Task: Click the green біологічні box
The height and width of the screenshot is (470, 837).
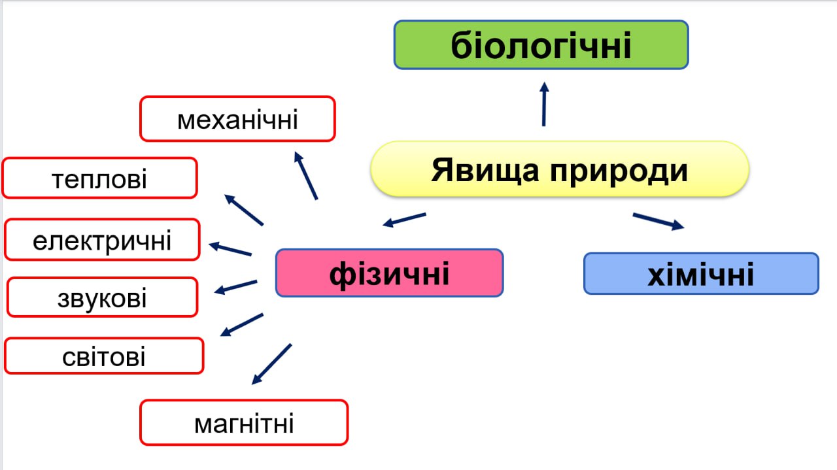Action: tap(541, 45)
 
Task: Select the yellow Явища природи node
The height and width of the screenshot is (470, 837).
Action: tap(560, 169)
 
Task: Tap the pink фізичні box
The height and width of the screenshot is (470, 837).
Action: tap(389, 273)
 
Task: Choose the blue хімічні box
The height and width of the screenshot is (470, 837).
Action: tap(702, 273)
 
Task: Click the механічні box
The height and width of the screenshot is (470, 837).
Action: tap(237, 119)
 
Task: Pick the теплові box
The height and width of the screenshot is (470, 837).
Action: tap(99, 178)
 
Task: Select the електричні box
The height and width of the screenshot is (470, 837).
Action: tap(102, 239)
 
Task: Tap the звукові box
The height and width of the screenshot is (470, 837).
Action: tap(102, 297)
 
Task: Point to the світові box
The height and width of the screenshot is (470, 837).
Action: tap(104, 356)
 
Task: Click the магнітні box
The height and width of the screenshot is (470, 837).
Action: tap(244, 422)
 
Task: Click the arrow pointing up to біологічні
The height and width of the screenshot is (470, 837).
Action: tap(544, 104)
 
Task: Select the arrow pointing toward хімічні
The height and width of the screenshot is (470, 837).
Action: tap(658, 222)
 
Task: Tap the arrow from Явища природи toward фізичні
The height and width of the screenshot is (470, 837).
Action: tap(404, 220)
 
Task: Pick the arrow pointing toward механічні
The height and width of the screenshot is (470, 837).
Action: tap(306, 176)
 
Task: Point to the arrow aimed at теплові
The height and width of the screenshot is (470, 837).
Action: tap(244, 210)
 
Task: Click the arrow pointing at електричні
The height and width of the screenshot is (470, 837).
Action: tap(230, 249)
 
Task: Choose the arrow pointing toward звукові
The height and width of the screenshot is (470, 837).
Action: tap(236, 287)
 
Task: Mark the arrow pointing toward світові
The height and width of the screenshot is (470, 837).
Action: tap(242, 325)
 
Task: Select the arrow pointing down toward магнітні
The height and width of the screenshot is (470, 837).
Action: tap(271, 364)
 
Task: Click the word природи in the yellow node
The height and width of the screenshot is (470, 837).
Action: tap(619, 171)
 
